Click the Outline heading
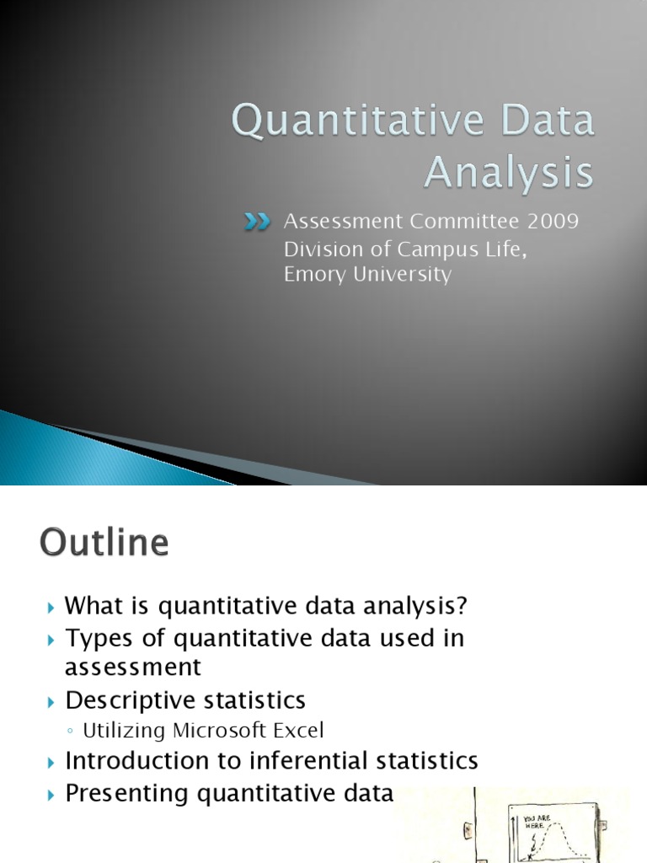pos(104,542)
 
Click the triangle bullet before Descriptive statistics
pos(51,700)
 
